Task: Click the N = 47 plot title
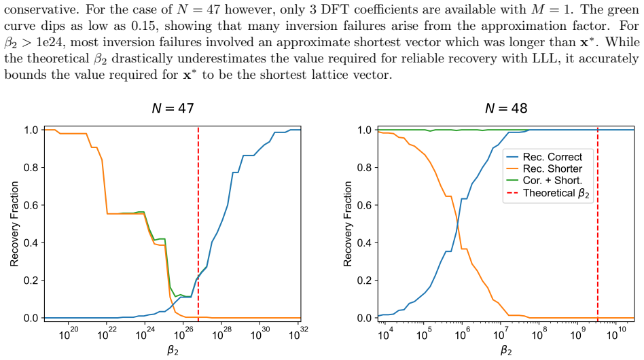tap(173, 108)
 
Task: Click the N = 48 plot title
tap(506, 108)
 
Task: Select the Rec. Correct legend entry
tap(544, 157)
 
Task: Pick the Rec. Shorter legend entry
tap(544, 168)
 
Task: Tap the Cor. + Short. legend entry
tap(544, 181)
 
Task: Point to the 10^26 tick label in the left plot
tap(182, 334)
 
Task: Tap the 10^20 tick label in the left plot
tap(68, 334)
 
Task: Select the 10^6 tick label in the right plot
tap(461, 334)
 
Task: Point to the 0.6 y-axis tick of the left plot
tap(31, 205)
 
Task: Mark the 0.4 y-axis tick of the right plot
tap(364, 243)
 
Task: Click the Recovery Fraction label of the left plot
tap(14, 223)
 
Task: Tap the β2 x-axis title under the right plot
tap(506, 350)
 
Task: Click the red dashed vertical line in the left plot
tap(198, 224)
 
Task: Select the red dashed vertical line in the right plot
tap(598, 224)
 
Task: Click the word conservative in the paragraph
tap(41, 10)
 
